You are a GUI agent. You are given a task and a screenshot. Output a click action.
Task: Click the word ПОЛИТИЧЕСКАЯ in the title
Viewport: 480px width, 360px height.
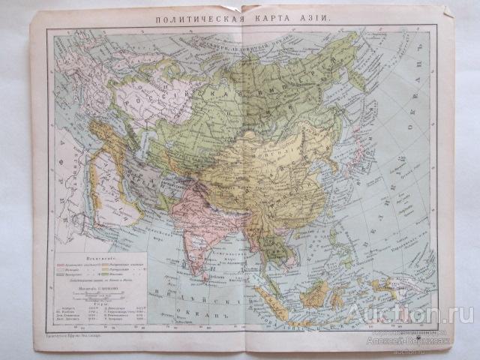coord(190,18)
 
